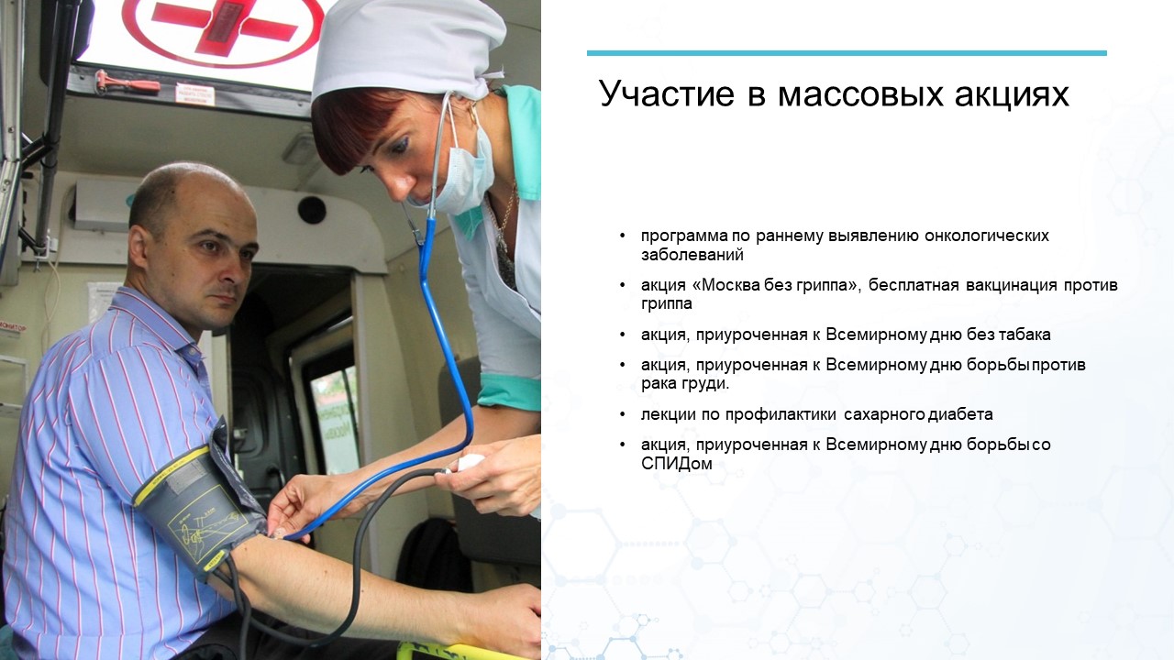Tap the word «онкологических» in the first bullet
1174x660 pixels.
[x=987, y=236]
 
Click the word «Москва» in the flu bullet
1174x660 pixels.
[x=730, y=285]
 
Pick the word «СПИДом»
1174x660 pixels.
[x=677, y=464]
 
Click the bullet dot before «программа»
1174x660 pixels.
[x=623, y=236]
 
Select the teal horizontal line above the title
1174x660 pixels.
[x=847, y=53]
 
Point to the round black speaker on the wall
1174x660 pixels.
[x=312, y=210]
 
